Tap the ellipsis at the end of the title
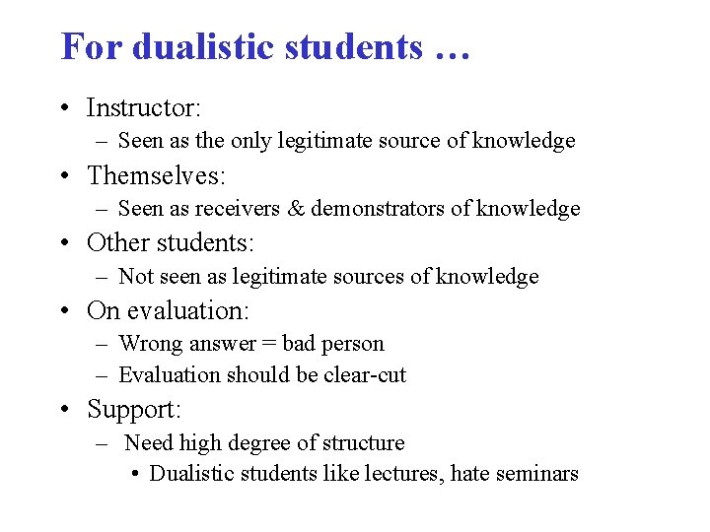(x=450, y=49)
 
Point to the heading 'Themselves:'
(x=157, y=175)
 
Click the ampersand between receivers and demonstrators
(x=297, y=209)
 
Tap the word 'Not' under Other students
(x=135, y=277)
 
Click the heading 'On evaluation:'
(x=168, y=310)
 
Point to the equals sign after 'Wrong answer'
(x=268, y=344)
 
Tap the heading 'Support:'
(x=134, y=408)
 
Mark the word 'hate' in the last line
(x=471, y=474)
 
